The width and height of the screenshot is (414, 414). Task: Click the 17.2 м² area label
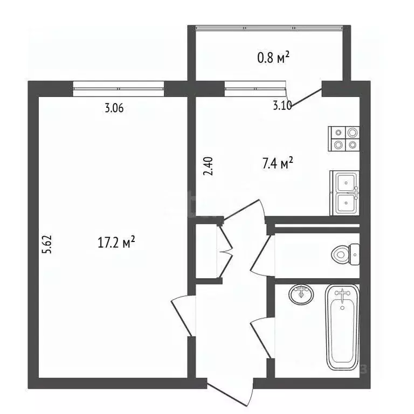116,242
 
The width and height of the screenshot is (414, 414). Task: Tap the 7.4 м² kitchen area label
278,163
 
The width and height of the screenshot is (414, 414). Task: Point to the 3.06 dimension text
114,108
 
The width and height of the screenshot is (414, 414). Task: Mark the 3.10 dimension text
282,106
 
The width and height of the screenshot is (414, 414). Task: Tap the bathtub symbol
342,328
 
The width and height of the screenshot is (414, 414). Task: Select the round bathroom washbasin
301,294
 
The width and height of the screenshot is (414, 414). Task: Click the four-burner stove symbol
344,139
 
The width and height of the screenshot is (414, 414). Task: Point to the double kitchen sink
344,193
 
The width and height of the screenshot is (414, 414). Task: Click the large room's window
118,89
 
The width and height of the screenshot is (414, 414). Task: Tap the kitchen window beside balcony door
256,89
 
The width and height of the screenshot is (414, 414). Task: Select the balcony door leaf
306,98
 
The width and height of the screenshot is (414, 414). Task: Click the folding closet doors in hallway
224,251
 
